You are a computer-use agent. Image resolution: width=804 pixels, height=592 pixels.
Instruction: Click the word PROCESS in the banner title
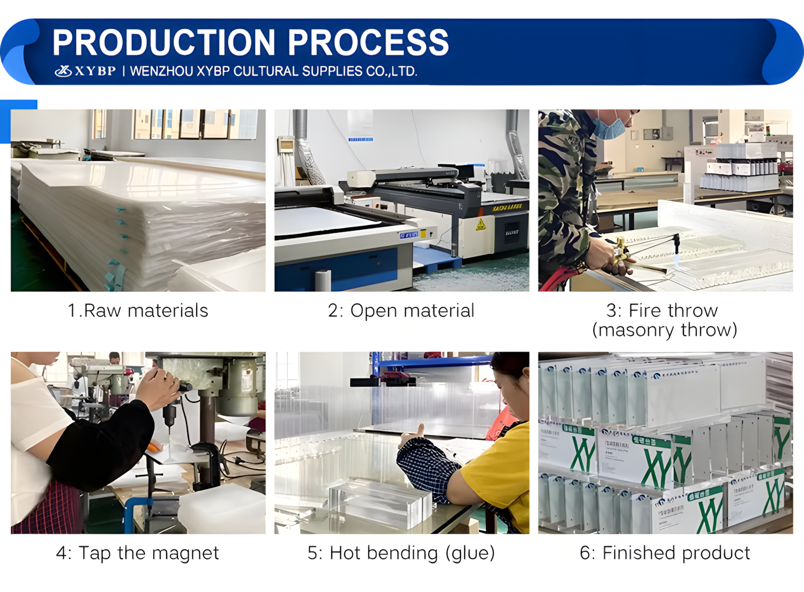coord(368,43)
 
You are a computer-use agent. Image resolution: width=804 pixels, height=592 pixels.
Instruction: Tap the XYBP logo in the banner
coord(85,71)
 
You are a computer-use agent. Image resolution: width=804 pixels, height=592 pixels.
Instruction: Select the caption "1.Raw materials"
coord(138,310)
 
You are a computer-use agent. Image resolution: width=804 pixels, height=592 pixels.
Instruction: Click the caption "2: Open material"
coord(401,310)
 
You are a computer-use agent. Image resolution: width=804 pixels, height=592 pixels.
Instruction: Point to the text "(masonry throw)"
coord(665,330)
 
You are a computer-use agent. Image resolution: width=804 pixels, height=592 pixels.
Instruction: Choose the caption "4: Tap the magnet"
coord(138,553)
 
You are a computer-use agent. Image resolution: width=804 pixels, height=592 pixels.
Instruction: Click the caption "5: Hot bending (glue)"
coord(401,553)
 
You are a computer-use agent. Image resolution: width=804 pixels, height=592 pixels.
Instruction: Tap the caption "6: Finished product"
coord(665,553)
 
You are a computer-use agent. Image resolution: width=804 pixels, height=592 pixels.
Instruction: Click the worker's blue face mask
coord(609,128)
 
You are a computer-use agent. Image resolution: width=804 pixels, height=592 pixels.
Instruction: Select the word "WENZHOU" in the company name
coord(161,71)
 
